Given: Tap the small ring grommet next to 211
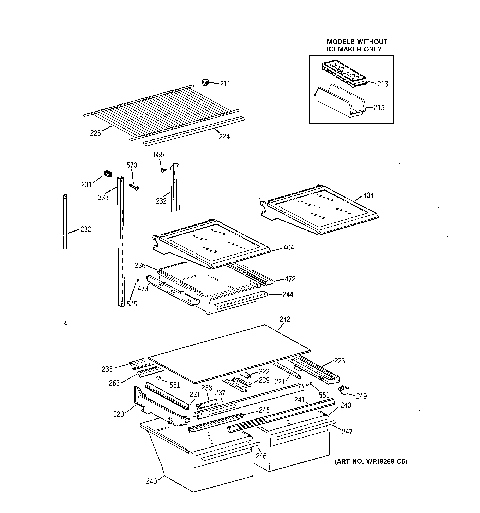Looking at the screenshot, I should click(x=205, y=82).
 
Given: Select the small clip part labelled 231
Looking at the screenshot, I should click(x=108, y=174).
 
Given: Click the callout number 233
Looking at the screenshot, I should click(x=103, y=197).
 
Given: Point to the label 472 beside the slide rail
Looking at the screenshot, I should click(x=290, y=279).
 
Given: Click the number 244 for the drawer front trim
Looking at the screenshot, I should click(x=288, y=295).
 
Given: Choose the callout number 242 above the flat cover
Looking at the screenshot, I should click(x=285, y=319).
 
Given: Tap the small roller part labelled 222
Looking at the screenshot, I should click(x=248, y=375).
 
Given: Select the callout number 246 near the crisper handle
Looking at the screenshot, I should click(x=261, y=456).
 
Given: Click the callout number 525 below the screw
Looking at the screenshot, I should click(x=131, y=304).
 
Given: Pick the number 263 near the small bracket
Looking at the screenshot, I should click(x=114, y=383).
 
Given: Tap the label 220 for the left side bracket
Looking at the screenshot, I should click(x=119, y=414).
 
